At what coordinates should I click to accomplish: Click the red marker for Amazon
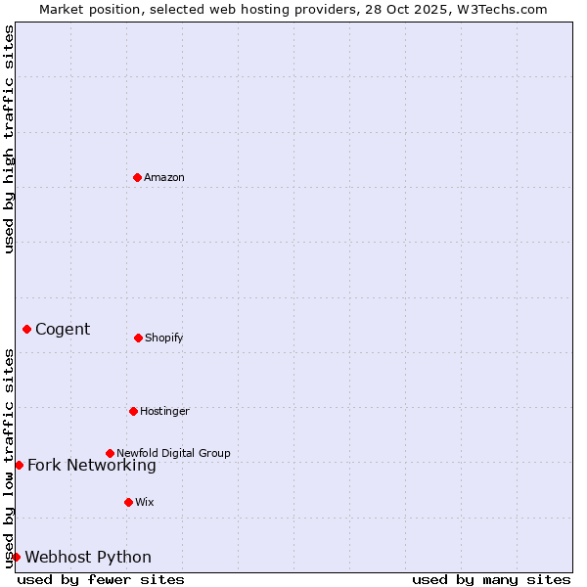click(x=137, y=177)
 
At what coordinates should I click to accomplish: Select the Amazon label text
click(x=164, y=177)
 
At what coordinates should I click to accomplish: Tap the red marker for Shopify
click(x=138, y=338)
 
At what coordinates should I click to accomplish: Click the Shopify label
click(x=164, y=339)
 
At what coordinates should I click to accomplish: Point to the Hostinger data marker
click(x=133, y=411)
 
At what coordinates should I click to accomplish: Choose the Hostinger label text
click(x=164, y=411)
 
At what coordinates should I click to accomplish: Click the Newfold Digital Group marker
click(x=110, y=453)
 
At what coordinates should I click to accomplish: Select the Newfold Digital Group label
click(x=173, y=453)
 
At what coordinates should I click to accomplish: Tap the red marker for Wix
click(x=128, y=502)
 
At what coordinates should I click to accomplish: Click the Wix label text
click(x=145, y=502)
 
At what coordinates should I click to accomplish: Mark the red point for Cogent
click(x=26, y=329)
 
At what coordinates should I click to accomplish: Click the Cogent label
click(x=63, y=330)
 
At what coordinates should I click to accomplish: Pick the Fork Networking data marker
click(x=19, y=465)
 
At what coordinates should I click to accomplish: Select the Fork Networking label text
click(x=92, y=466)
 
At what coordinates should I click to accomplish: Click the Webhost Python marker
click(x=16, y=557)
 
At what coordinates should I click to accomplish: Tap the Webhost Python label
click(x=88, y=558)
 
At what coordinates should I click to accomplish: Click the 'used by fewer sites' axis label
click(x=101, y=579)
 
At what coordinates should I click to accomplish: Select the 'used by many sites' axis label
click(x=491, y=579)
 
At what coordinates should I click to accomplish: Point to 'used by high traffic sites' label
click(x=9, y=139)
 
